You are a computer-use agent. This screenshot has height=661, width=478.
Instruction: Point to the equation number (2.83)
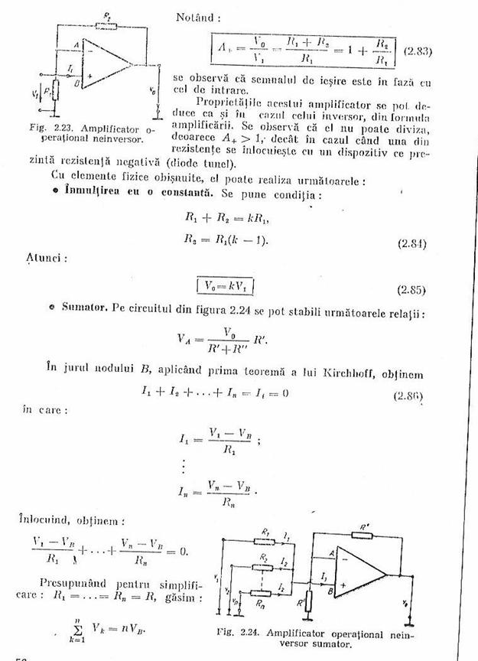coord(418,52)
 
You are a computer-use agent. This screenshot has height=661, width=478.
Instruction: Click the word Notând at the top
coord(198,16)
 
